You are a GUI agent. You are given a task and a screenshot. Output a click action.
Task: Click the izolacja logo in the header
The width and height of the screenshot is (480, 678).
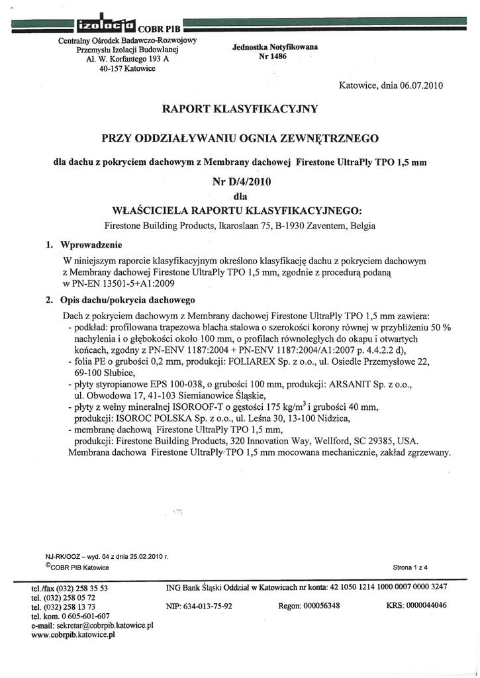pyautogui.click(x=106, y=26)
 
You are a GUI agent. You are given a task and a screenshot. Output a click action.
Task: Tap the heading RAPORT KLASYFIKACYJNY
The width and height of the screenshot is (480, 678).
pyautogui.click(x=240, y=108)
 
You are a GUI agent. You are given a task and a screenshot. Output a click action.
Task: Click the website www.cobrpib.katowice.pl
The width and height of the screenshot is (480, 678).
pyautogui.click(x=73, y=634)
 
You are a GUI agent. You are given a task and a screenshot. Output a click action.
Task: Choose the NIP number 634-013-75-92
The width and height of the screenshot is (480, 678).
pyautogui.click(x=199, y=605)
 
